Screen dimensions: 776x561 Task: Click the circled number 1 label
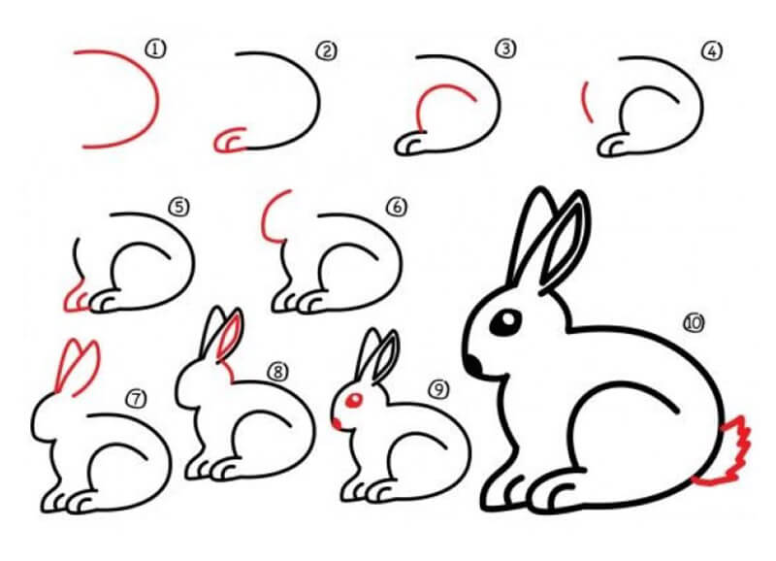click(x=155, y=49)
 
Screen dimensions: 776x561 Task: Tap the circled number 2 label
click(x=327, y=51)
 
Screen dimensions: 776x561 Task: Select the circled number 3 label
click(x=505, y=49)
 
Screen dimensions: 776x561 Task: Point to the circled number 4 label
click(x=712, y=51)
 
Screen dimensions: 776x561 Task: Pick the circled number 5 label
click(x=179, y=207)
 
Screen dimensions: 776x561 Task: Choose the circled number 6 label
click(x=397, y=207)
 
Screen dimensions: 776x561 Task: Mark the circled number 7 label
click(x=136, y=399)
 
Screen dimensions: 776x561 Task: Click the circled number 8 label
click(x=277, y=372)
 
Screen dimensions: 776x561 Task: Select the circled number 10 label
click(x=694, y=323)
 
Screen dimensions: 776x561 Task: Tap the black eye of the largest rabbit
click(x=505, y=323)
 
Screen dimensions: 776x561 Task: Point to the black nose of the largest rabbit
click(x=473, y=365)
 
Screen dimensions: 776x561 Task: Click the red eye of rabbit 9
click(x=354, y=400)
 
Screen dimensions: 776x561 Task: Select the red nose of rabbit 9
click(x=337, y=423)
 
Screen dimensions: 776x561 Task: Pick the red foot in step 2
click(x=229, y=141)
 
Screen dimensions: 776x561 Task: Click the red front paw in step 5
click(x=77, y=297)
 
